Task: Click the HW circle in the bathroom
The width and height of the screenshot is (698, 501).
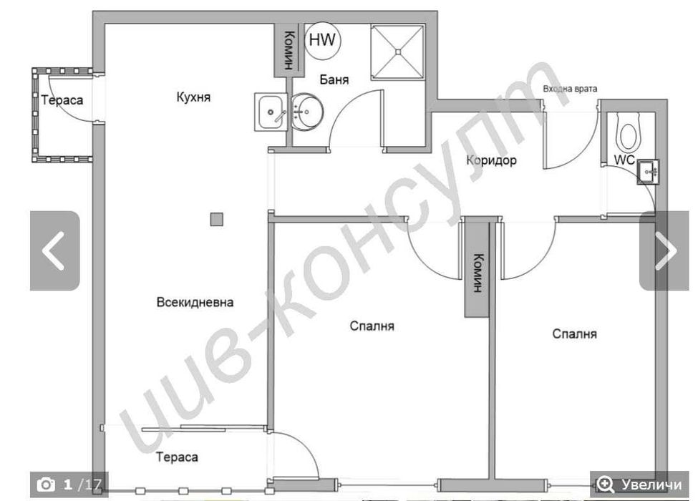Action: [x=323, y=40]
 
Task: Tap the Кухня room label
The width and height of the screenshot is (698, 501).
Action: [x=193, y=97]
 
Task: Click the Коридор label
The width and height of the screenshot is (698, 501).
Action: [x=491, y=160]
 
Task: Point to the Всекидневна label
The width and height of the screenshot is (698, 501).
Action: [x=195, y=302]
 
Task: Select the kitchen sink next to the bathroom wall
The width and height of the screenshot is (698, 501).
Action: [x=270, y=112]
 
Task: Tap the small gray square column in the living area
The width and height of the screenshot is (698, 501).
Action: [x=217, y=220]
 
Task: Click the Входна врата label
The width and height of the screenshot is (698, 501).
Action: [x=569, y=89]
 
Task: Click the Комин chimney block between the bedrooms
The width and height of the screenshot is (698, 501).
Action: [x=477, y=274]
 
